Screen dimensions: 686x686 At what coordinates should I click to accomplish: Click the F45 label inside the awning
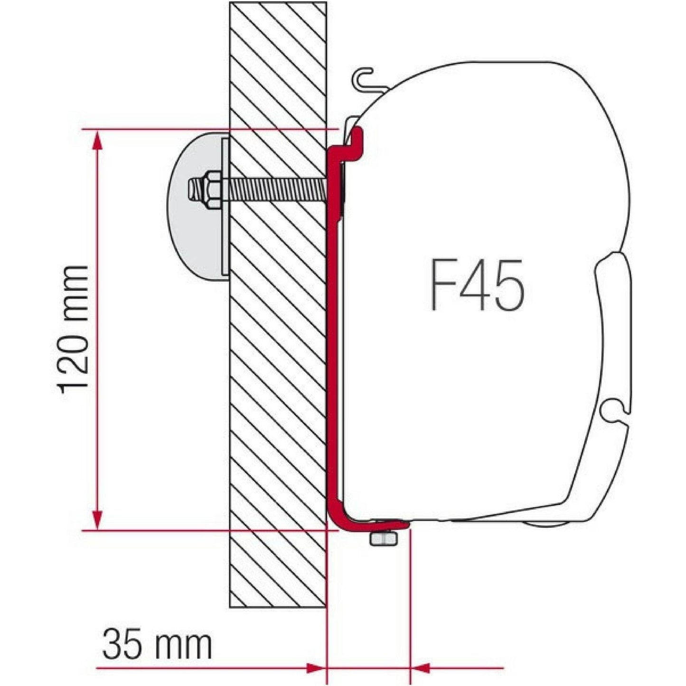(477, 285)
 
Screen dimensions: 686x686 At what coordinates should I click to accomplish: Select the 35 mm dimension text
(157, 644)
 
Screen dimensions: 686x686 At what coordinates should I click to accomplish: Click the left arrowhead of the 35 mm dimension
(316, 668)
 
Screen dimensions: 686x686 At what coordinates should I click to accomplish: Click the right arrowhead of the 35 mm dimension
(421, 668)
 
